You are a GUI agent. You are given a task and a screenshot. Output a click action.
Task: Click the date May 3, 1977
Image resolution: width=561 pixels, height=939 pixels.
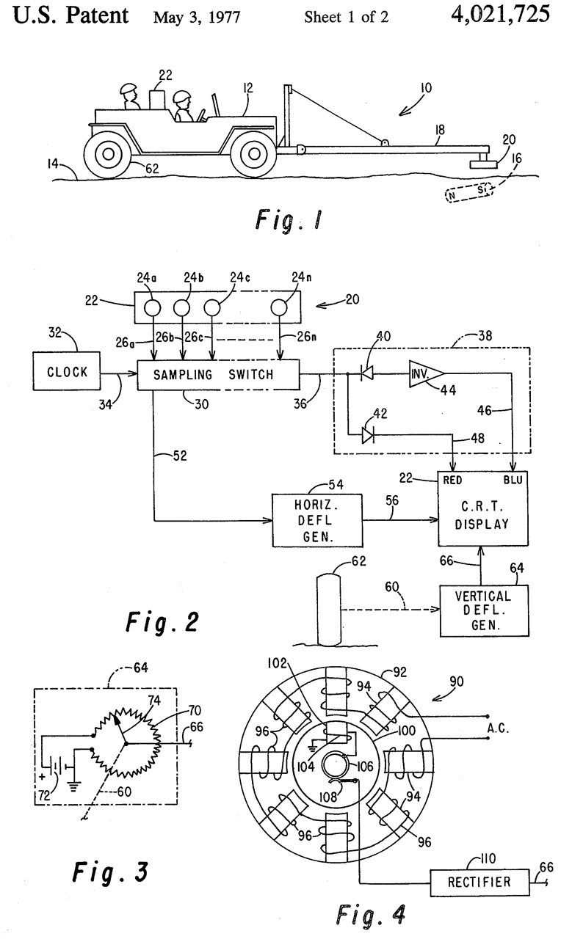[x=198, y=17]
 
